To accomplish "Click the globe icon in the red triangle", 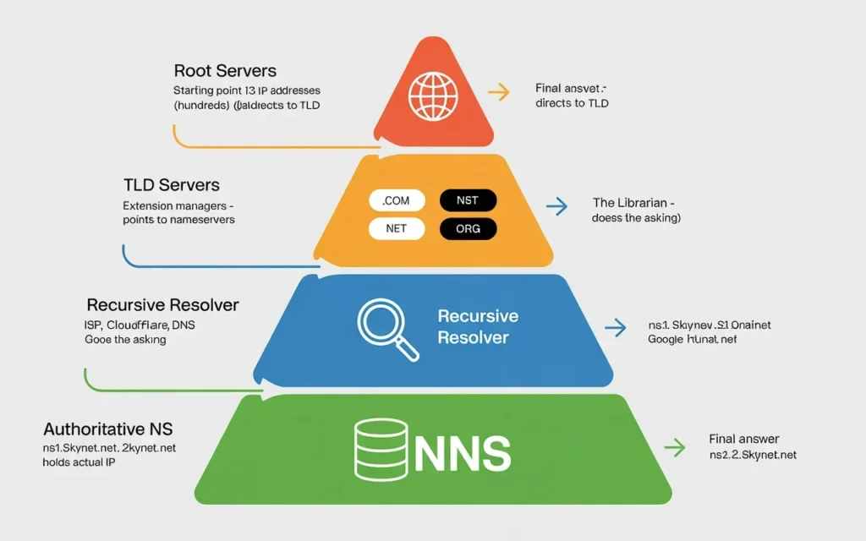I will pos(432,92).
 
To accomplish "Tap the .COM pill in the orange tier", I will pos(396,200).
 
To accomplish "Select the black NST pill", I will pos(468,200).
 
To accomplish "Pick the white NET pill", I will pos(396,228).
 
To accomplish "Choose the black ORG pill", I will pos(468,228).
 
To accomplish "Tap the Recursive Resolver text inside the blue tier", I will pos(478,326).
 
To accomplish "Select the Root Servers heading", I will pos(225,71).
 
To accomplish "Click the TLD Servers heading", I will pos(172,185).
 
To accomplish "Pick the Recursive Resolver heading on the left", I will pos(162,304).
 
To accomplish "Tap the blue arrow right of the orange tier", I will pos(556,205).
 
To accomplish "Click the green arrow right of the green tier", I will pos(674,446).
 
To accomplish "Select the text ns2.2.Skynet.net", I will pos(753,455).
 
